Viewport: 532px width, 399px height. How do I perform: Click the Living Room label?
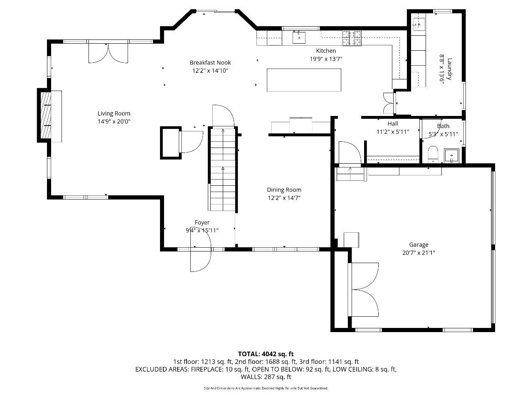[x=114, y=113]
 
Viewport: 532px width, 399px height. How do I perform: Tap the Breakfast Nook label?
[x=210, y=62]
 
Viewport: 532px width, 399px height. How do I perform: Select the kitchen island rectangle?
[x=304, y=80]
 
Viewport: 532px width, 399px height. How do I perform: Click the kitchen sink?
[x=298, y=37]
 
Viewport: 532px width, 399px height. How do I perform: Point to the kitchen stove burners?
[x=352, y=38]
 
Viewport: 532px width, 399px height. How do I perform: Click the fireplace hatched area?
[x=46, y=115]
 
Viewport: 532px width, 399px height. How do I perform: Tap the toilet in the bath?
[x=433, y=154]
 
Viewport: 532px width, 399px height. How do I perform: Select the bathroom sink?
[x=451, y=155]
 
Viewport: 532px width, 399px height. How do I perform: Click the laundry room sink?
[x=419, y=24]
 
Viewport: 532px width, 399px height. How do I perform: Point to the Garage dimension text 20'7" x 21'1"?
[x=419, y=253]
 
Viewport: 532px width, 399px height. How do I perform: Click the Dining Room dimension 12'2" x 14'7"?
[x=284, y=198]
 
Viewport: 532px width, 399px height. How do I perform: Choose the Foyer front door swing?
[x=200, y=249]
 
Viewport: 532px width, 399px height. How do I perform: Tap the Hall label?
[x=393, y=123]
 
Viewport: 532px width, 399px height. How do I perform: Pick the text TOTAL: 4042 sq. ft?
[x=266, y=354]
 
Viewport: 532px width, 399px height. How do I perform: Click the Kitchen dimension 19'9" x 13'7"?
[x=326, y=59]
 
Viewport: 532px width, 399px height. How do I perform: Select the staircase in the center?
[x=223, y=170]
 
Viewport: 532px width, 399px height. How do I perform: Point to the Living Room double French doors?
[x=108, y=52]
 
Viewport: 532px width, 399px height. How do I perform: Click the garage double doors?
[x=363, y=290]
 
